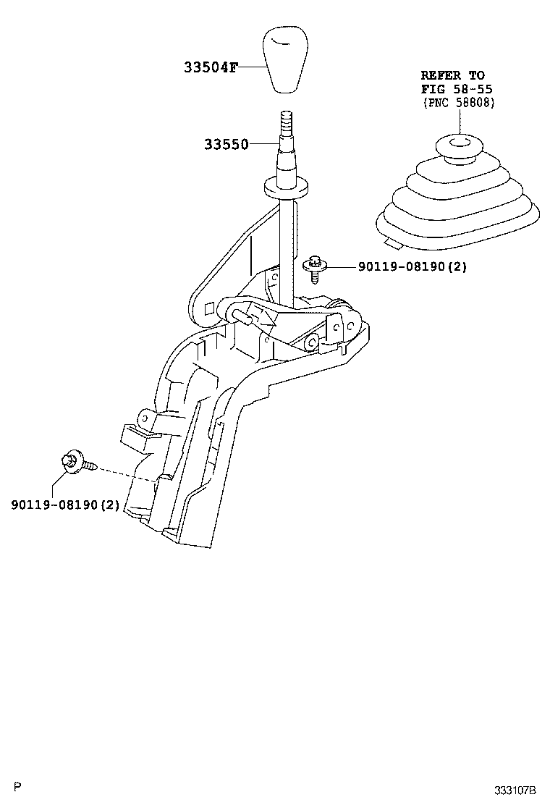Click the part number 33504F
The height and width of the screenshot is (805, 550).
click(210, 68)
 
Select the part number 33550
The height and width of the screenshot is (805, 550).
click(225, 144)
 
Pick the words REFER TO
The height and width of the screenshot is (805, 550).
click(453, 75)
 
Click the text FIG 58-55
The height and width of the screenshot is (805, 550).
click(457, 89)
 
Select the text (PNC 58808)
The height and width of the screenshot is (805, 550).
click(458, 103)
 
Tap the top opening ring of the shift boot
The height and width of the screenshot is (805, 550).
click(457, 145)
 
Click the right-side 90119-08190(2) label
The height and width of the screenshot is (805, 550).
click(412, 266)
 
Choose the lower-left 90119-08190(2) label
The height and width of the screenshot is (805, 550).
click(65, 504)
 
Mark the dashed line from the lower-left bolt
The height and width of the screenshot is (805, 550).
click(127, 473)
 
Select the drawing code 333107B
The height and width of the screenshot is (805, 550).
click(515, 789)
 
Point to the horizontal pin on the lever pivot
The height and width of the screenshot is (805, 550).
click(242, 313)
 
